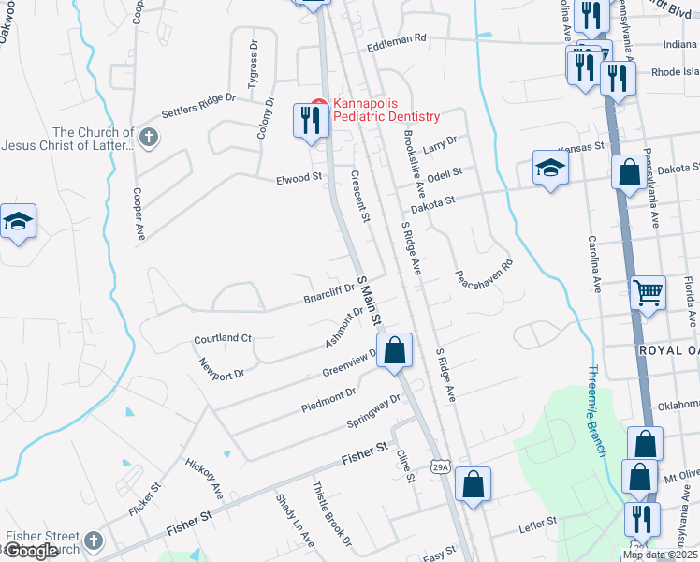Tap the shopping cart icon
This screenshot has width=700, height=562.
647,293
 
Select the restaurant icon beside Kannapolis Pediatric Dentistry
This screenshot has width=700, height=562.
310,121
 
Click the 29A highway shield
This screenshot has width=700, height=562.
441,466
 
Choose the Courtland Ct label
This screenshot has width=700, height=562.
223,338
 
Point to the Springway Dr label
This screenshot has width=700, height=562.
373,409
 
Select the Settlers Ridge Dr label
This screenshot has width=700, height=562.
198,105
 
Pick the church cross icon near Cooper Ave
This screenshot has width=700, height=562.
148,139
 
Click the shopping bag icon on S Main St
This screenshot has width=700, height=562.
396,352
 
